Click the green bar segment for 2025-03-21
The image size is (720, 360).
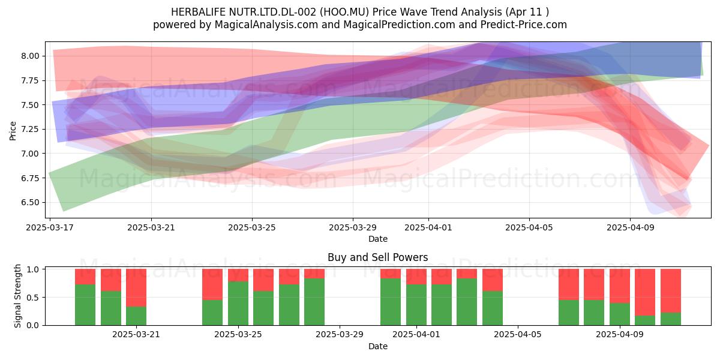point(136,316)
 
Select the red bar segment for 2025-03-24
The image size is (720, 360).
point(212,284)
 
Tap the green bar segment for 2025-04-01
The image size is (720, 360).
point(416,305)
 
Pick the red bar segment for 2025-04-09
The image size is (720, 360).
point(620,286)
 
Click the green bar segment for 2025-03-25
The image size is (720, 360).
point(238,304)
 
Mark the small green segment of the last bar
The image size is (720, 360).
point(671,319)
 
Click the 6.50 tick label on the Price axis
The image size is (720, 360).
point(30,203)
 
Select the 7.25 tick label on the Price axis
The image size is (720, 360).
point(30,129)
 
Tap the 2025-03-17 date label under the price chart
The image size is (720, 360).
point(50,227)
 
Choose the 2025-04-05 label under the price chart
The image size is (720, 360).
point(529,227)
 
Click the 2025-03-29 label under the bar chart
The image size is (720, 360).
point(340,335)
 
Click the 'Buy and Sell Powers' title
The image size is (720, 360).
point(377,257)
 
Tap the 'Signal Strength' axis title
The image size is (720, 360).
point(17,296)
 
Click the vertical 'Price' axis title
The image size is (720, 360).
point(13,131)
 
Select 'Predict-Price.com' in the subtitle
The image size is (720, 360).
point(524,25)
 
